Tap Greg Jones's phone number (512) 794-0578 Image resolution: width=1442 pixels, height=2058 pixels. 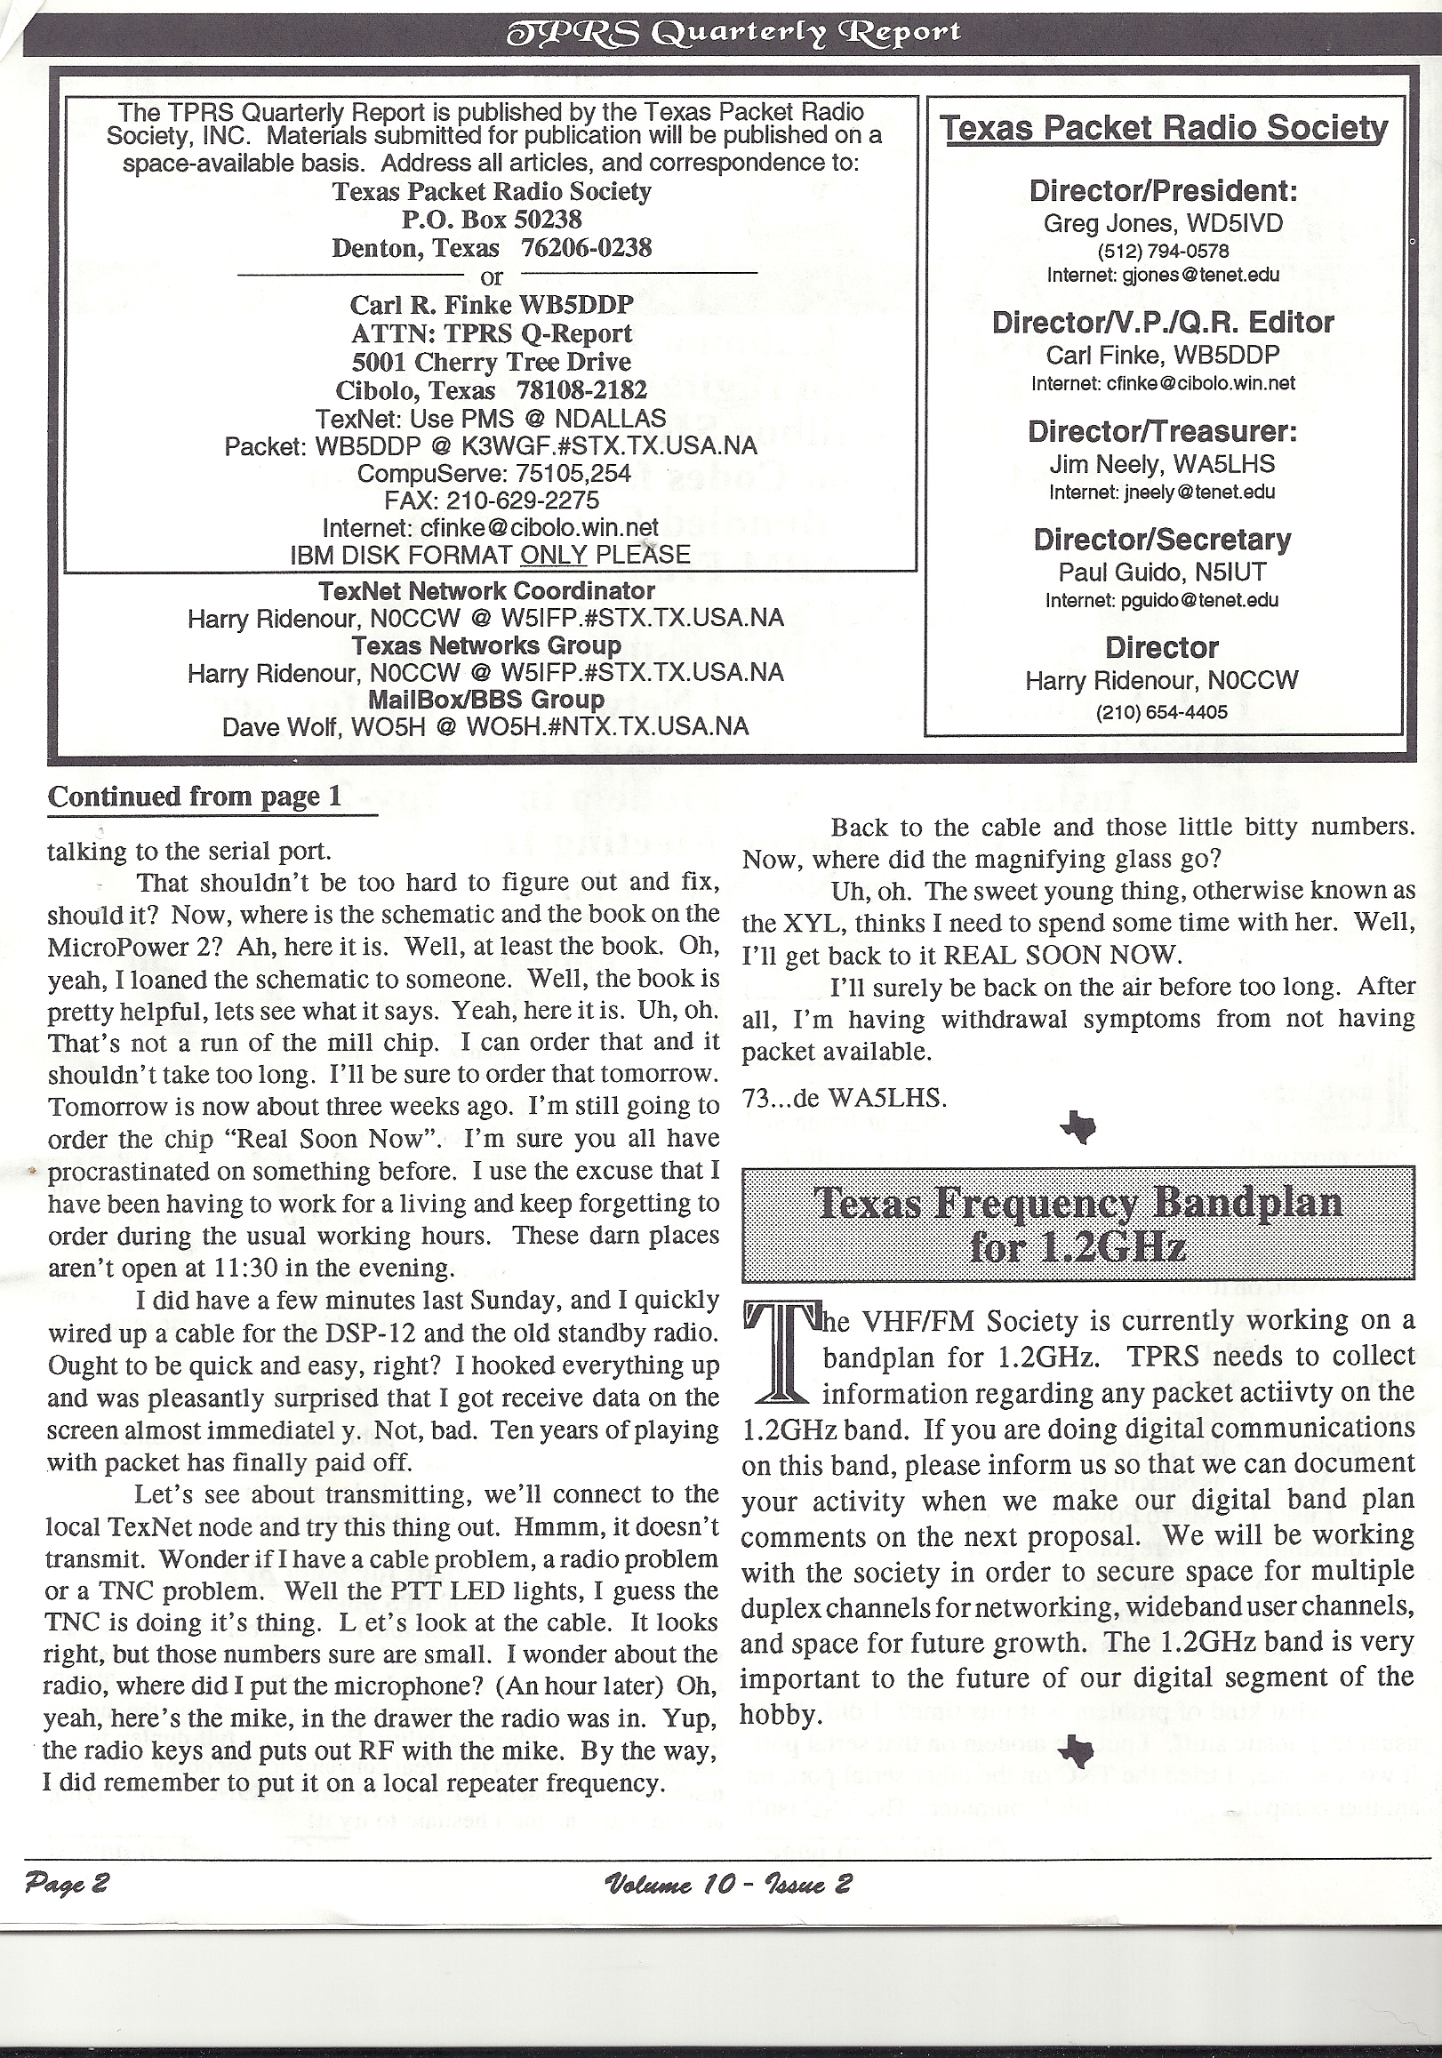[x=1163, y=251]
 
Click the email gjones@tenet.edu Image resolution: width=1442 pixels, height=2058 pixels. [x=1163, y=276]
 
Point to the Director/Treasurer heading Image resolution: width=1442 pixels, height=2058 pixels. [x=1163, y=431]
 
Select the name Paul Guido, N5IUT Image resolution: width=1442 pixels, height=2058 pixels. [x=1163, y=571]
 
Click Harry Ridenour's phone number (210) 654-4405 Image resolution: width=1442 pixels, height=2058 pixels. [x=1163, y=713]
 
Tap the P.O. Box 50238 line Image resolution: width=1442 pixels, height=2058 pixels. [x=491, y=219]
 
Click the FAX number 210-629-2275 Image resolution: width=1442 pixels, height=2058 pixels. [x=491, y=500]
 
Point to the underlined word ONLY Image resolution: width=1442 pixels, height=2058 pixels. [x=553, y=555]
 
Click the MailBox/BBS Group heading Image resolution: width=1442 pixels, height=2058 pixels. [x=486, y=699]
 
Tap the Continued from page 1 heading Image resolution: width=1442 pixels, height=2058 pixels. [x=195, y=797]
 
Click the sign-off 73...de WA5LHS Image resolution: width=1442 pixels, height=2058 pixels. [x=845, y=1098]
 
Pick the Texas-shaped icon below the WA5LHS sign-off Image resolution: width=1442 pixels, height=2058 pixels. [x=1078, y=1126]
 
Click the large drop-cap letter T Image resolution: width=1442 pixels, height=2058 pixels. [x=779, y=1355]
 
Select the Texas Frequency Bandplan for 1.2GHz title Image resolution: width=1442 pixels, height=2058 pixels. [x=1078, y=1223]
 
